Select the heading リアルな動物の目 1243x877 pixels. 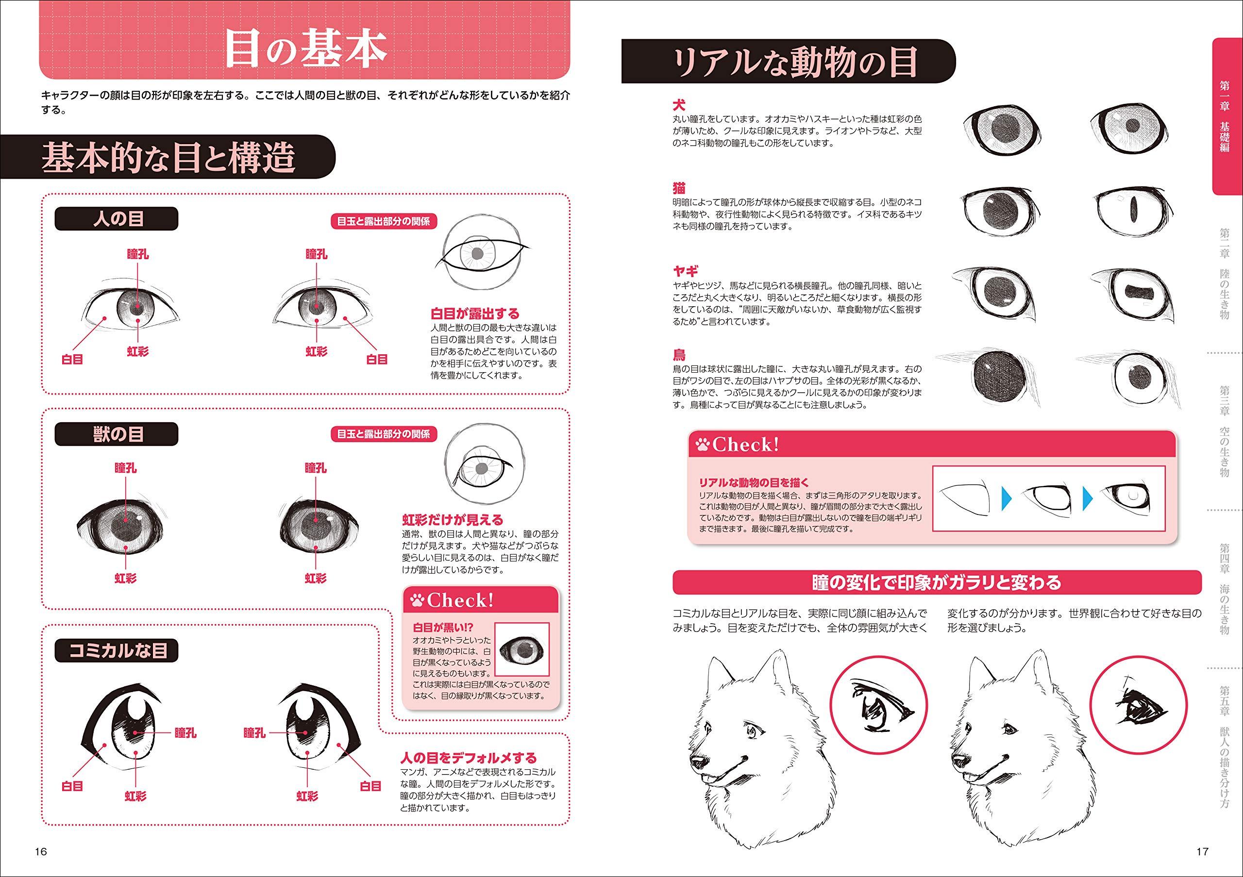794,62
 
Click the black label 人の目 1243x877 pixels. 117,219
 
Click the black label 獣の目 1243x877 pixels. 117,434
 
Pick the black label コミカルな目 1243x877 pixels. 117,650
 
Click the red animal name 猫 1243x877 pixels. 679,188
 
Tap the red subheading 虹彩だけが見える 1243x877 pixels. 452,520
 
